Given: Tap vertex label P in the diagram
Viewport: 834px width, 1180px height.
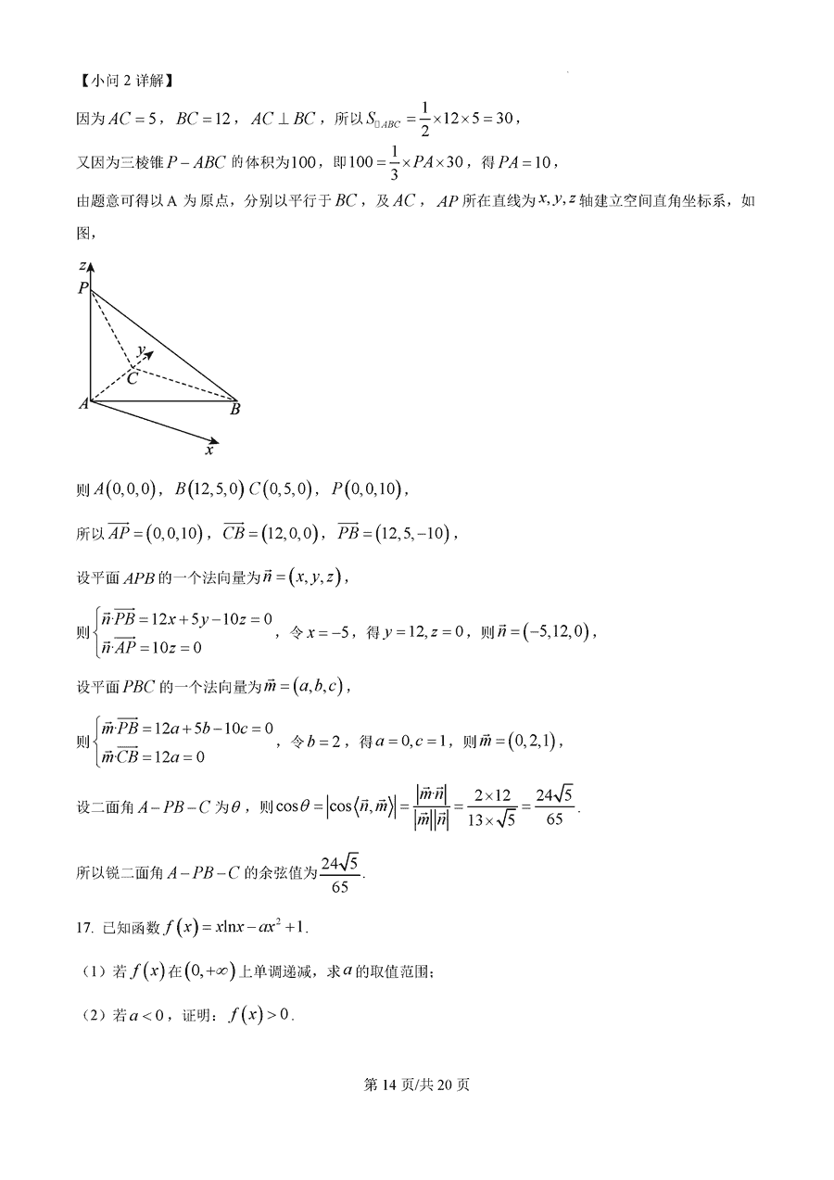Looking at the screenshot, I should [82, 289].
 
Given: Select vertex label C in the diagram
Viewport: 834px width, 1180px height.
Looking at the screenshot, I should [133, 378].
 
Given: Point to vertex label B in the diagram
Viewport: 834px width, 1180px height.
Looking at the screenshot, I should [235, 409].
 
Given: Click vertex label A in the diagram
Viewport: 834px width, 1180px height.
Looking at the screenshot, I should [82, 403].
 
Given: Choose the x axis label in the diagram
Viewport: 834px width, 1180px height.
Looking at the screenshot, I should [209, 450].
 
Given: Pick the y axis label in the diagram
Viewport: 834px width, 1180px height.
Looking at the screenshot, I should [141, 351].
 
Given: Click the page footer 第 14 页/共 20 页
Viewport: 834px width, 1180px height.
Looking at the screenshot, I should [417, 1085].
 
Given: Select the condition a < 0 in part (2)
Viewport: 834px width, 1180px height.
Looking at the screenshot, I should [148, 1015].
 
